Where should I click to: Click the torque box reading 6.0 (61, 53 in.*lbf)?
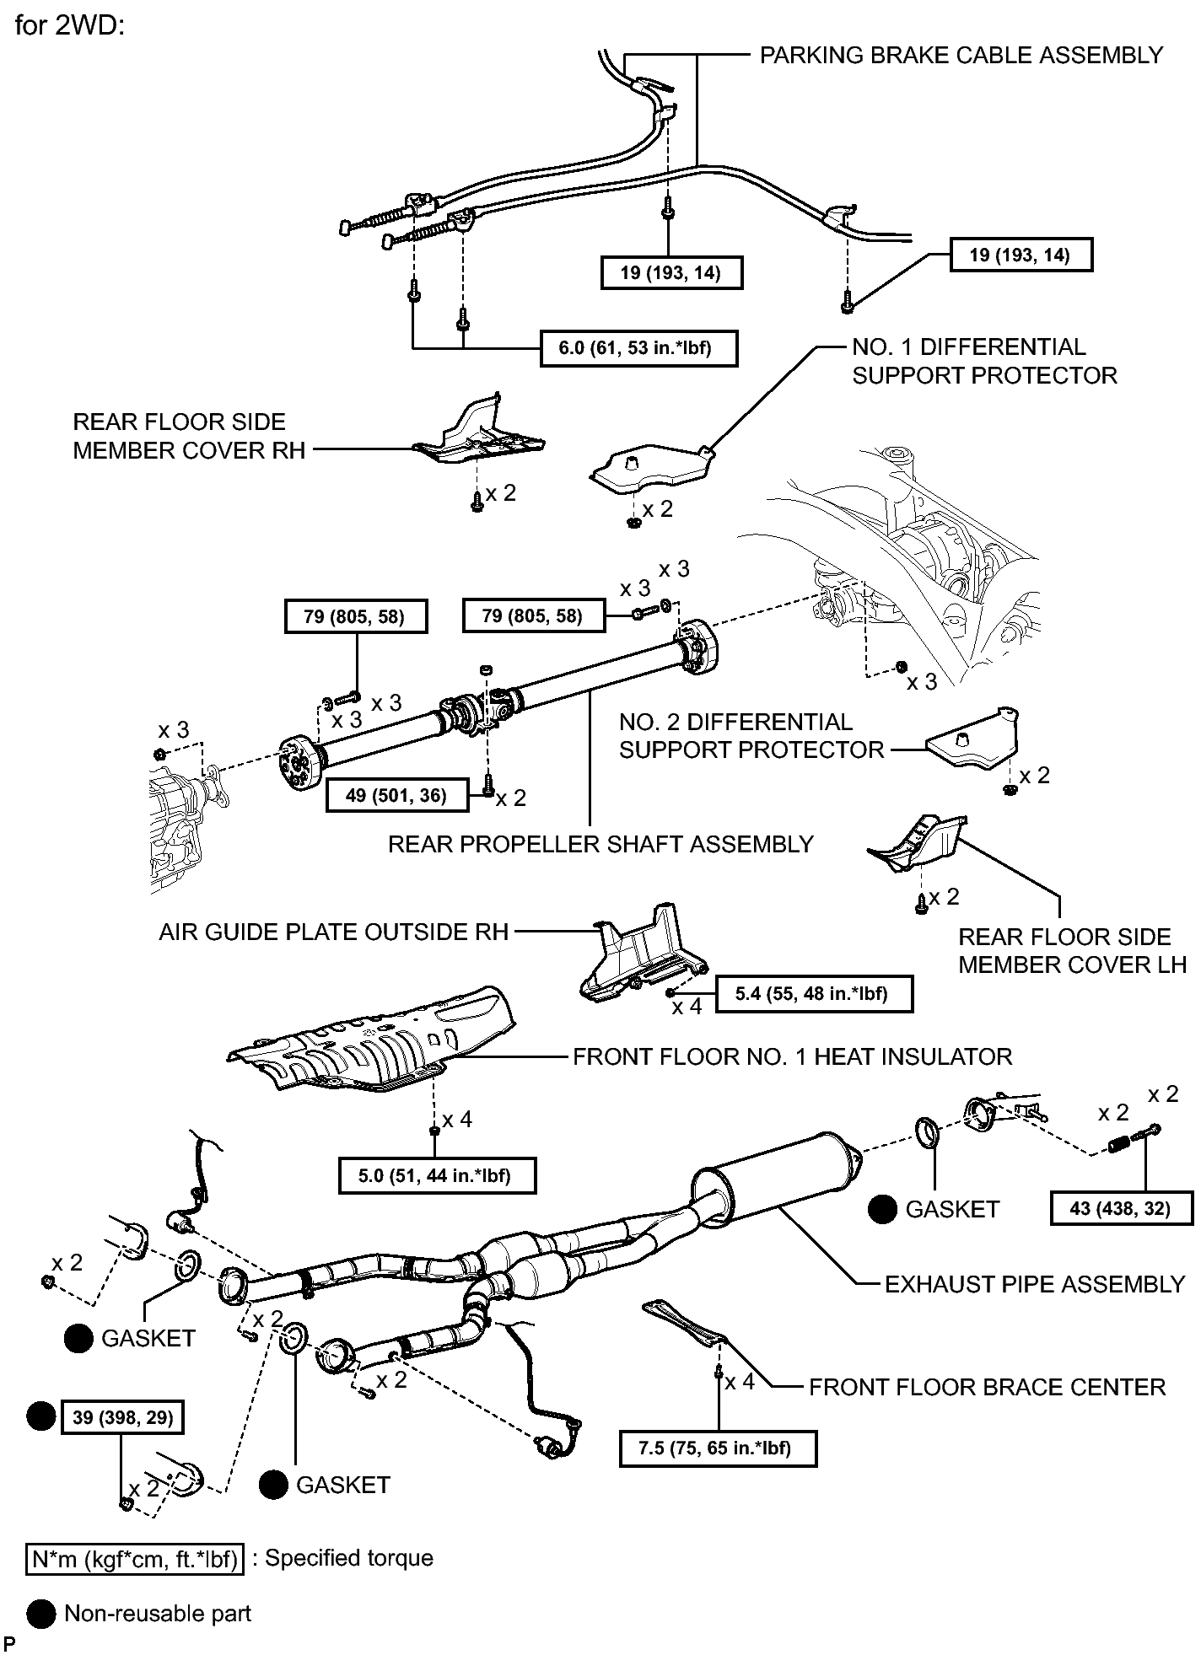(x=638, y=348)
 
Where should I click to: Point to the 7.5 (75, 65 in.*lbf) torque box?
(x=718, y=1448)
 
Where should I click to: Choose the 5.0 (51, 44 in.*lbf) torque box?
(x=437, y=1175)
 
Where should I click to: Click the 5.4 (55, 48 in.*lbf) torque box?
(x=814, y=993)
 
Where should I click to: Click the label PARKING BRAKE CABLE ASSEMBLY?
(x=961, y=56)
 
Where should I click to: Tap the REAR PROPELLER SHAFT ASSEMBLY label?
(x=600, y=844)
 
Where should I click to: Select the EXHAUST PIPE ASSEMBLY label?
(x=1035, y=1284)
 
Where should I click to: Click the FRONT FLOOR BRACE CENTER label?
(x=988, y=1387)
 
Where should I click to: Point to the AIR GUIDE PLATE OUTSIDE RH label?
(x=334, y=932)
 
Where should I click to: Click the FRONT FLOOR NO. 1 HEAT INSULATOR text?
(x=793, y=1056)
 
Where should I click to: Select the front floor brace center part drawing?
(x=685, y=1326)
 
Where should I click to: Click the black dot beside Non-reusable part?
(x=40, y=1614)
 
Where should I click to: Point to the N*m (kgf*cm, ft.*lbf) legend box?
(x=134, y=1559)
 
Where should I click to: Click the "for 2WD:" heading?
(x=70, y=25)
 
